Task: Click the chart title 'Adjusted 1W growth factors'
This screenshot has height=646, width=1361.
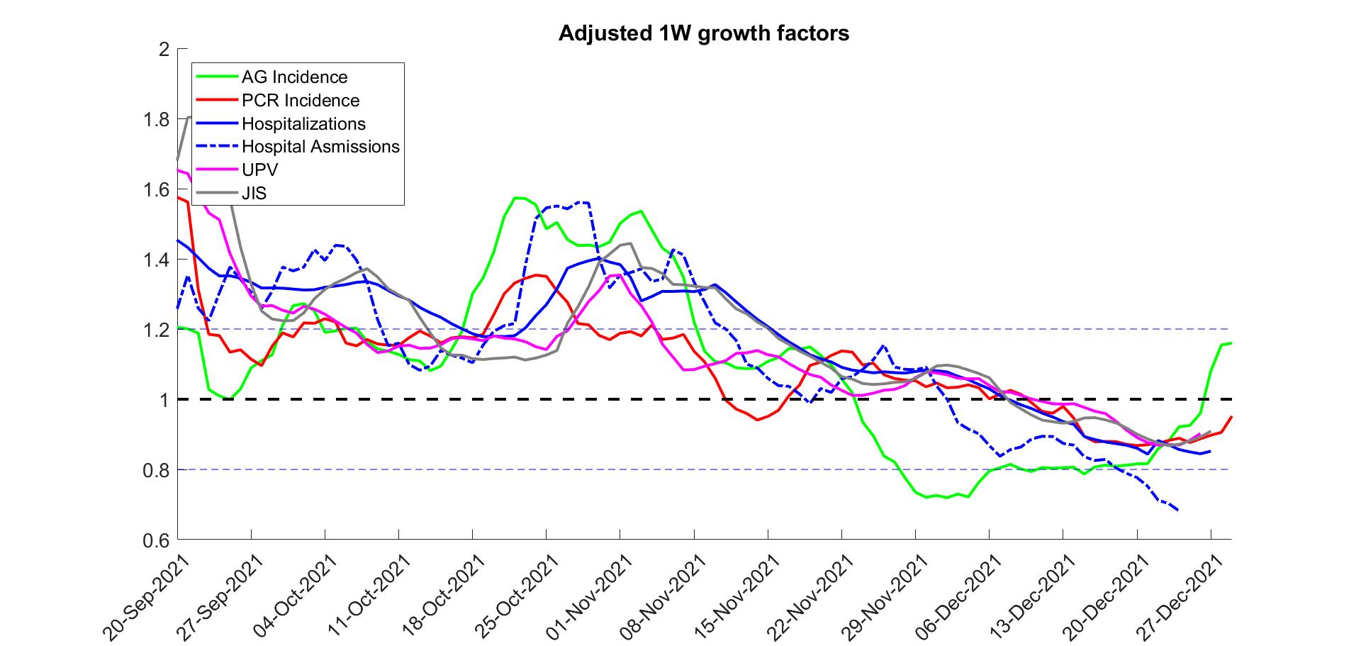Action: (703, 33)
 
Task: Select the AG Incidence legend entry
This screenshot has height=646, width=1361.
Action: (294, 77)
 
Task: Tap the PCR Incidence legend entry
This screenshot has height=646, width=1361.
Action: (300, 101)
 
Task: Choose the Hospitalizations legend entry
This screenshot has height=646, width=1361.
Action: (303, 124)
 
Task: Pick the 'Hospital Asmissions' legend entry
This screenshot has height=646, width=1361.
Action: (320, 147)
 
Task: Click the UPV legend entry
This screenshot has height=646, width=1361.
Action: (259, 170)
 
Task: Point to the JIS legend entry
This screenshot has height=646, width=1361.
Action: (254, 193)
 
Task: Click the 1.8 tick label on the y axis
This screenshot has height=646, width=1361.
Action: (156, 119)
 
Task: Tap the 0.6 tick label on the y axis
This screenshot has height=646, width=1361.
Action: (156, 540)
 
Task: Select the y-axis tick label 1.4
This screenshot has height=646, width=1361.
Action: (156, 260)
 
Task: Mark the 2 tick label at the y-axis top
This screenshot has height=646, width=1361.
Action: (164, 50)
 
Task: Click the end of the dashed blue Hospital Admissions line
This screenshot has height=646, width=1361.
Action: (1178, 510)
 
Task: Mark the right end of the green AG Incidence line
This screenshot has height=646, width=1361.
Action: (1231, 343)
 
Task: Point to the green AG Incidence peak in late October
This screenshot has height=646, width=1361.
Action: (517, 198)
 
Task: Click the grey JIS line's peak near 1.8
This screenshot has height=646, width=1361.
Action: (189, 117)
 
